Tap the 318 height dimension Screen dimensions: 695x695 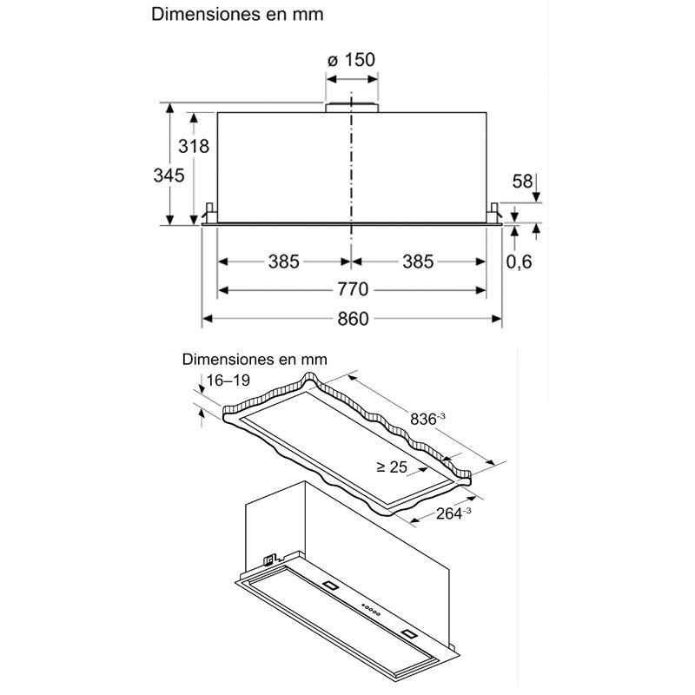point(193,146)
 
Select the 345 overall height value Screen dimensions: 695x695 point(169,175)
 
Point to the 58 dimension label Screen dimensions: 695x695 point(522,182)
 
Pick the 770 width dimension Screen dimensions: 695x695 point(352,289)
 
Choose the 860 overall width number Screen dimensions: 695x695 point(352,319)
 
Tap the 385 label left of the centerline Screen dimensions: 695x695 point(283,261)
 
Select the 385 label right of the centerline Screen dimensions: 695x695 point(419,261)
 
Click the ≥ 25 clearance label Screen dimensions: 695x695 point(392,467)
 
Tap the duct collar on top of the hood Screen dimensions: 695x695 point(352,108)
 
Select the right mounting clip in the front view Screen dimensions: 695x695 point(495,212)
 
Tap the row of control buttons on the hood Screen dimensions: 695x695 point(371,609)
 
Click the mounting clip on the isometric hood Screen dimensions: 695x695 point(270,557)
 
